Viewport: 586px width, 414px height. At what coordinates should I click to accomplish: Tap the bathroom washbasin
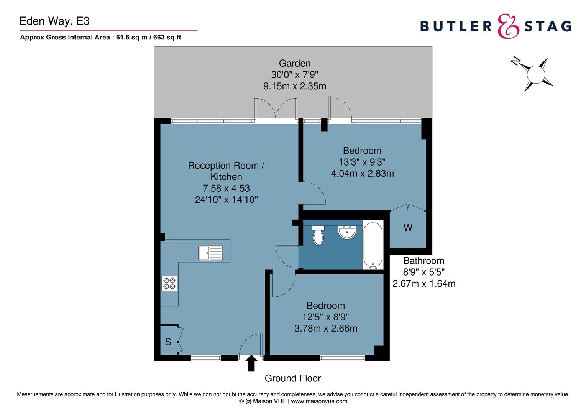347,232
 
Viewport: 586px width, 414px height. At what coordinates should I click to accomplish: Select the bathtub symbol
373,245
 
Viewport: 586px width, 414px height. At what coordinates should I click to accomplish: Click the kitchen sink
210,253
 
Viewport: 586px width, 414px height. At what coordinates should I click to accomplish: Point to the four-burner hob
169,283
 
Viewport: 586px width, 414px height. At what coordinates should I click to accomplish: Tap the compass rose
535,74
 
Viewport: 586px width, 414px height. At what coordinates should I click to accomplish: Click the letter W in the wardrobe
408,228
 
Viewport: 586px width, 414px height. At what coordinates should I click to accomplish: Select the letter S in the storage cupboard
168,342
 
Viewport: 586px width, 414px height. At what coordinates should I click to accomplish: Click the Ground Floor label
293,378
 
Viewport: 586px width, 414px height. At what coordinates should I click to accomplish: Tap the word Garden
295,63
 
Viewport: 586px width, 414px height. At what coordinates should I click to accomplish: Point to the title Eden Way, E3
54,21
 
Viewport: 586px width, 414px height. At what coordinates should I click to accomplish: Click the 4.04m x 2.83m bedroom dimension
362,173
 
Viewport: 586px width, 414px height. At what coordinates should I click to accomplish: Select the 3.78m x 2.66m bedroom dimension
326,328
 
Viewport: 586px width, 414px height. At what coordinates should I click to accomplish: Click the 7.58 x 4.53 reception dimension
226,188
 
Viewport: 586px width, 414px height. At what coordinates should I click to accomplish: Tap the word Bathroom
423,261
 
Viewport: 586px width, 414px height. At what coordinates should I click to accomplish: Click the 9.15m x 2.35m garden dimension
295,86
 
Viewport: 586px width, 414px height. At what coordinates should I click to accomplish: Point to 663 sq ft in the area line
167,37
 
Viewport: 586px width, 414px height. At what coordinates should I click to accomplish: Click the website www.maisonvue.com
319,401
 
